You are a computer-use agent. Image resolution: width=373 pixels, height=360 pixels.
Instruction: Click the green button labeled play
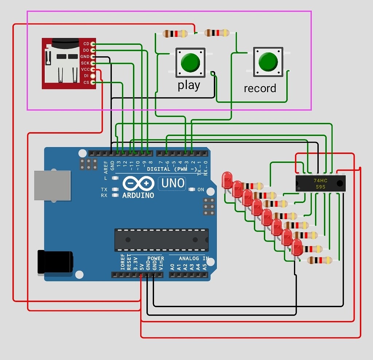pyautogui.click(x=190, y=62)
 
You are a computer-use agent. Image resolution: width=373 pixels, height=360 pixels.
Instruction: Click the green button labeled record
pyautogui.click(x=268, y=62)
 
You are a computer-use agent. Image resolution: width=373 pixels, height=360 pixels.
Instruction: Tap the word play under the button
pyautogui.click(x=189, y=86)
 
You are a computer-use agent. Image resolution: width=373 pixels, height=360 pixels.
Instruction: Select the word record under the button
pyautogui.click(x=260, y=88)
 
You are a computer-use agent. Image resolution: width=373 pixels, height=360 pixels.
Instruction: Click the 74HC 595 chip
pyautogui.click(x=320, y=183)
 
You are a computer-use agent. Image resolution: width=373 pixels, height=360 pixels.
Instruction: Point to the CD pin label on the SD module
pyautogui.click(x=86, y=44)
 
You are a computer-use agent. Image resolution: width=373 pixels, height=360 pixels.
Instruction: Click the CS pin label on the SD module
pyautogui.click(x=86, y=83)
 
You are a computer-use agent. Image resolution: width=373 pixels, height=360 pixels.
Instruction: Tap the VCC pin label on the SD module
pyautogui.click(x=85, y=70)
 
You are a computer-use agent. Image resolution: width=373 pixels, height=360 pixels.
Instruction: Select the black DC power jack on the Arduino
pyautogui.click(x=55, y=262)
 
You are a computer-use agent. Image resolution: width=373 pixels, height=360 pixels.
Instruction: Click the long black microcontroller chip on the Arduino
pyautogui.click(x=161, y=240)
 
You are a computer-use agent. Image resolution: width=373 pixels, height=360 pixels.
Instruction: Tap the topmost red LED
pyautogui.click(x=227, y=180)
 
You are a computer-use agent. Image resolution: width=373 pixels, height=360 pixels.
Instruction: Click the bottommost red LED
pyautogui.click(x=297, y=247)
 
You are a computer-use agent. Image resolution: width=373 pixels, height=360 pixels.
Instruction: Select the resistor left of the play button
pyautogui.click(x=175, y=34)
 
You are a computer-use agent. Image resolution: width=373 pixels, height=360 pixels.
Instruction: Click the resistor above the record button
pyautogui.click(x=217, y=33)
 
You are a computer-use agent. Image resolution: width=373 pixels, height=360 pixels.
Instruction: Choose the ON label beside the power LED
pyautogui.click(x=201, y=190)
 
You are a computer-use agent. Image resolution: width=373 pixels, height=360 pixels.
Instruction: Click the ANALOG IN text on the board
pyautogui.click(x=193, y=258)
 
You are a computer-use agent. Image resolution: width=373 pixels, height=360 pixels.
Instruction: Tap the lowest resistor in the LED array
pyautogui.click(x=319, y=260)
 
